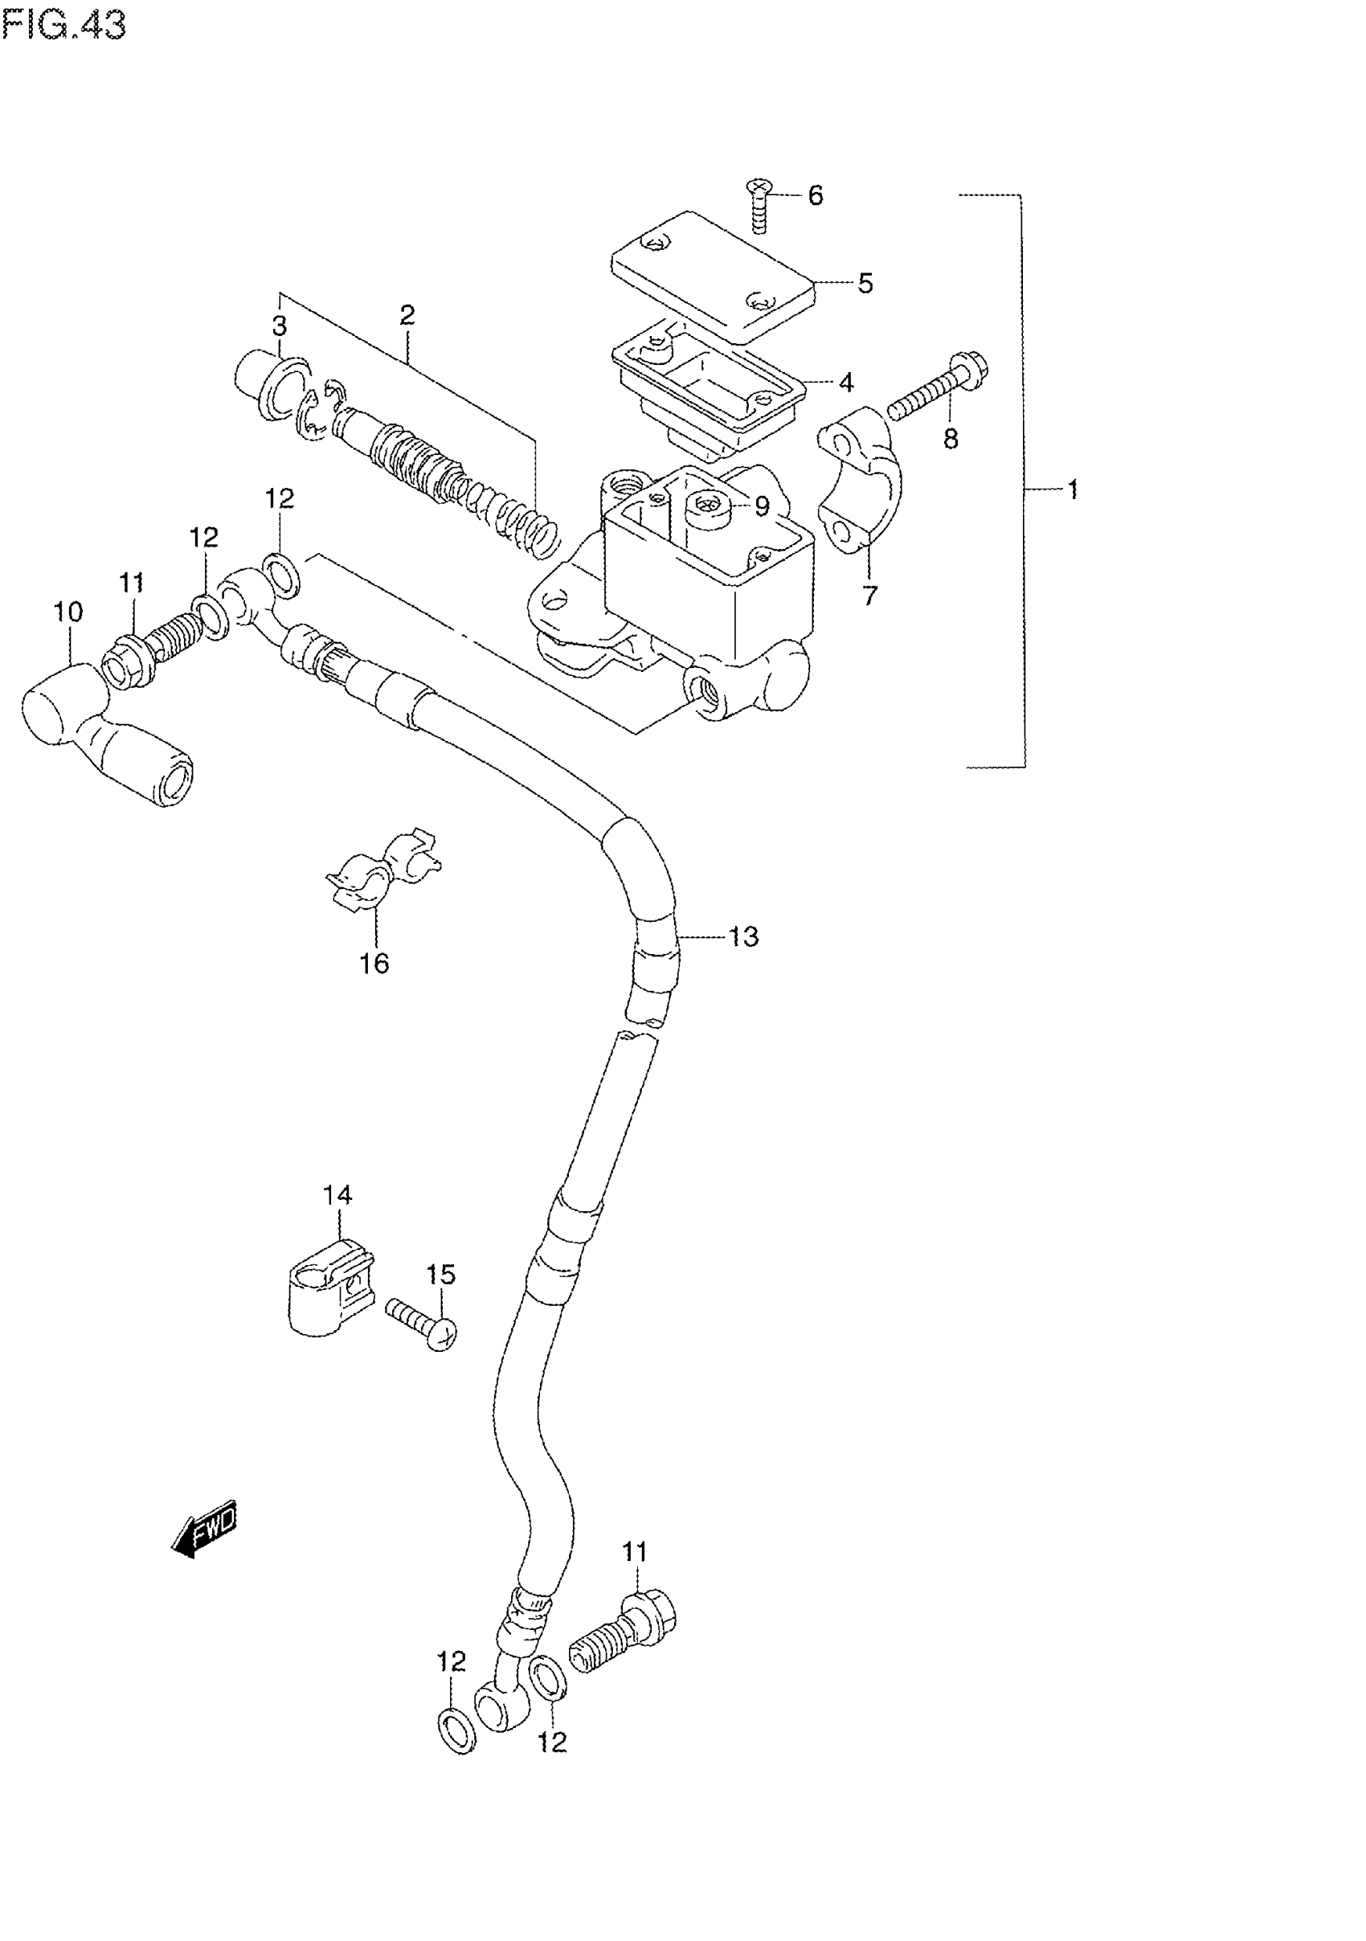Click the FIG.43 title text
pyautogui.click(x=63, y=26)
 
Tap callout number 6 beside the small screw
pyautogui.click(x=815, y=195)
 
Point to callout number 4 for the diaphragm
pyautogui.click(x=846, y=382)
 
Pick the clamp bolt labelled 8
pyautogui.click(x=937, y=392)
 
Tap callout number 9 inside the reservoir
pyautogui.click(x=762, y=506)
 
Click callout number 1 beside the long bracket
pyautogui.click(x=1073, y=489)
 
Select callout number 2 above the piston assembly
pyautogui.click(x=407, y=315)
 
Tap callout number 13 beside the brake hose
pyautogui.click(x=744, y=936)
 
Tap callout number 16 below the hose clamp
pyautogui.click(x=374, y=963)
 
